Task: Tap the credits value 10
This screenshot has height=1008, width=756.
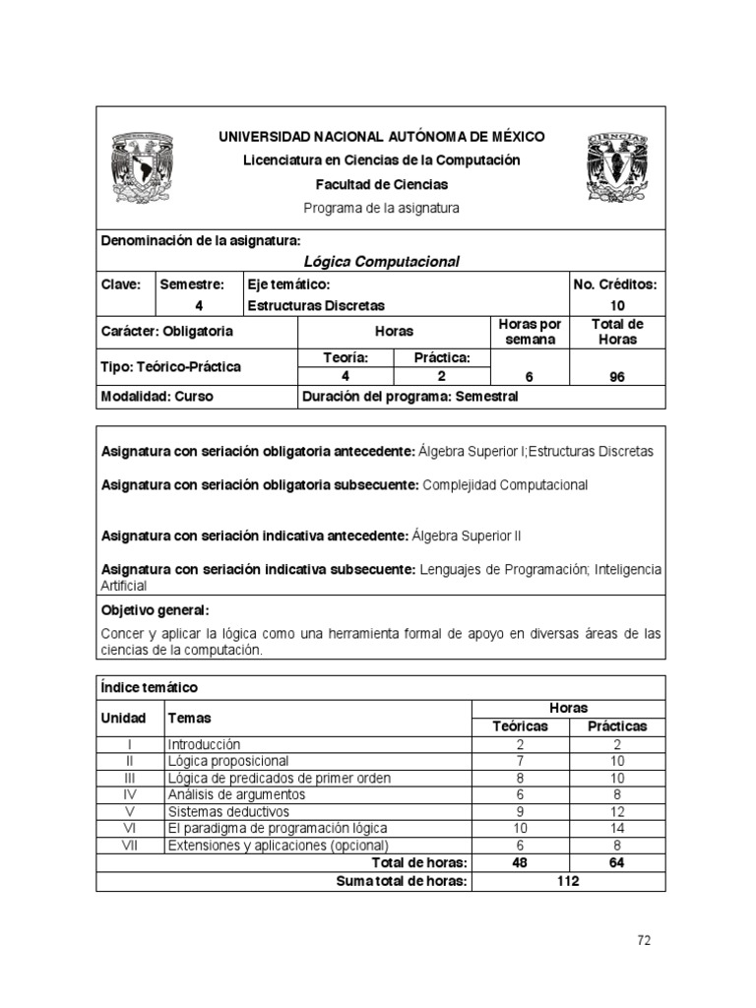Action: point(617,305)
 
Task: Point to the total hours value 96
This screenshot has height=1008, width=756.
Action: point(617,375)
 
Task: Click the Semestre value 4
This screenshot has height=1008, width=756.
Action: point(198,305)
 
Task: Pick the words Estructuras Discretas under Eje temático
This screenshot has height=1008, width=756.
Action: point(316,305)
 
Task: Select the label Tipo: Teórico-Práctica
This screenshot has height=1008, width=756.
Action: point(171,366)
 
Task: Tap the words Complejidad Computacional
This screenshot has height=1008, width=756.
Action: point(504,484)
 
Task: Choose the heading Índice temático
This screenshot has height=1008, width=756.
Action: point(149,686)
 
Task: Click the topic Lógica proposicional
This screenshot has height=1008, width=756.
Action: point(228,761)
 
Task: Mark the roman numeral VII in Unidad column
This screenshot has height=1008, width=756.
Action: point(130,845)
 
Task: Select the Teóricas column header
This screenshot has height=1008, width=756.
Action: point(520,726)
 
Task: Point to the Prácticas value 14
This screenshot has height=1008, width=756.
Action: point(617,828)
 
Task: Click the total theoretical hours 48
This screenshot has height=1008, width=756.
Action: point(520,862)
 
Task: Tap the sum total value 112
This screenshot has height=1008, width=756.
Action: point(567,881)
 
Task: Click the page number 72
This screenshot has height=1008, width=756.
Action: point(644,940)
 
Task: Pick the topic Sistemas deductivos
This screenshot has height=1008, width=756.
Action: point(228,811)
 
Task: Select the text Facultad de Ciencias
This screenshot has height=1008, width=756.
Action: point(381,184)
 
